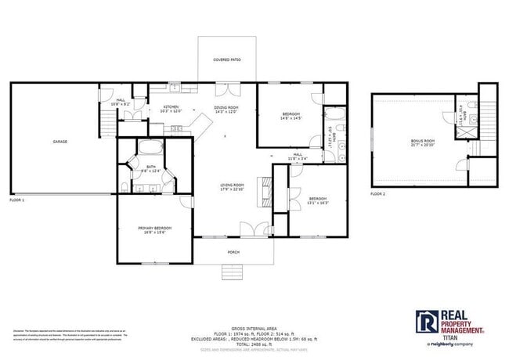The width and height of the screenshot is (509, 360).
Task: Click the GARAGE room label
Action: [60, 142]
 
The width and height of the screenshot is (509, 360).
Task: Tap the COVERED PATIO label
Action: [227, 59]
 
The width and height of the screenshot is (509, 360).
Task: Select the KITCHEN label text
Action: [171, 106]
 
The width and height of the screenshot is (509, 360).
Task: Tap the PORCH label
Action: [233, 252]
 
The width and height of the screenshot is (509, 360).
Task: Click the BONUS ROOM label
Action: [422, 142]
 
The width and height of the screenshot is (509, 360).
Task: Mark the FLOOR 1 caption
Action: [17, 200]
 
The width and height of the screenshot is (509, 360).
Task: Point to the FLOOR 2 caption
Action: [378, 193]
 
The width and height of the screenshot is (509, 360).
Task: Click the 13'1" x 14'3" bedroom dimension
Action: [318, 203]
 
